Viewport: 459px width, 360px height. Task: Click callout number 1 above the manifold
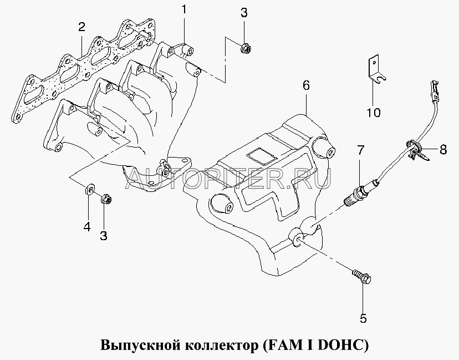(184, 9)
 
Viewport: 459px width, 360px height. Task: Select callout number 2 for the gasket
(81, 27)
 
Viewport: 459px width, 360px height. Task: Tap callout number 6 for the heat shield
(306, 85)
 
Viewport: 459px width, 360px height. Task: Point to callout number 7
(360, 150)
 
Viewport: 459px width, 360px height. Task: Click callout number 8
(443, 149)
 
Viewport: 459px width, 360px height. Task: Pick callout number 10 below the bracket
(374, 112)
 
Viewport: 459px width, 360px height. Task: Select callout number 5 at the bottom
(363, 318)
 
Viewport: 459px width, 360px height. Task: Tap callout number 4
(87, 226)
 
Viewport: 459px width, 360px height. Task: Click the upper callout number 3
(244, 13)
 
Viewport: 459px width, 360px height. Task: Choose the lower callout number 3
(103, 235)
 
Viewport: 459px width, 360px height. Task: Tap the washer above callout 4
(90, 190)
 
